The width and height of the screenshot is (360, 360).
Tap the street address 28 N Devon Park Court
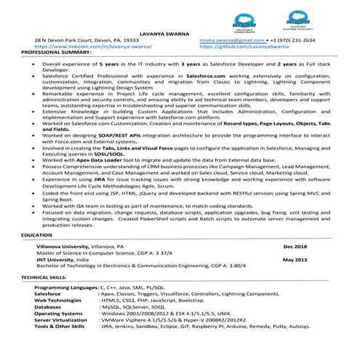pos(70,41)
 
